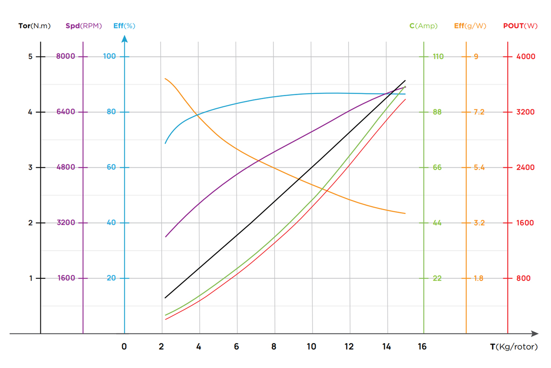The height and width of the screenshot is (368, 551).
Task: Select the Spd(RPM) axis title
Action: (84, 26)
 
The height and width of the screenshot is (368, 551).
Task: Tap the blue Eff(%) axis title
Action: (124, 26)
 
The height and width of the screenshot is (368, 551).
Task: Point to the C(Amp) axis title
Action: (423, 26)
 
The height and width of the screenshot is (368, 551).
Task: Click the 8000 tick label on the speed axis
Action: (66, 57)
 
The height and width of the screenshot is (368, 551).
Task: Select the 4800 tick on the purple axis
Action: (66, 167)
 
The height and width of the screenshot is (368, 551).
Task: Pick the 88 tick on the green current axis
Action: (437, 112)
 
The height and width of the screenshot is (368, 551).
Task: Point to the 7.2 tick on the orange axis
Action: (479, 112)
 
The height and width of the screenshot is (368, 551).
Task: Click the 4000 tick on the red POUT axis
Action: (526, 57)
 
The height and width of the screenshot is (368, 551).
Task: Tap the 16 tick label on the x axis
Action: (422, 347)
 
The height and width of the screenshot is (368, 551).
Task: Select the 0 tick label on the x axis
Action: (124, 347)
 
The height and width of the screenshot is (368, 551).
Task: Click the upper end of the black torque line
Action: (405, 80)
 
